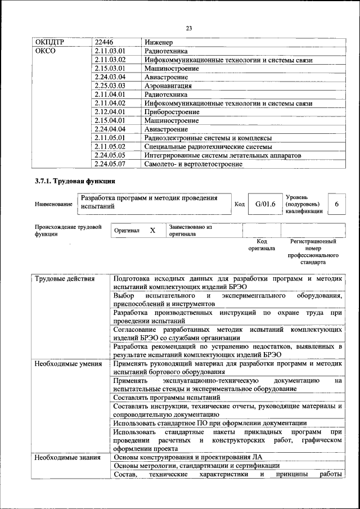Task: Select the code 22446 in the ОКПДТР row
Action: (104, 42)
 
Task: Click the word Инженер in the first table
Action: (159, 42)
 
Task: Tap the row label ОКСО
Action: (46, 51)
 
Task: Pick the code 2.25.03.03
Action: (110, 86)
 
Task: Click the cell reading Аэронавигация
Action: (168, 86)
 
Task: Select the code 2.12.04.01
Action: (110, 112)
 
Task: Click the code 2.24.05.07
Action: (110, 164)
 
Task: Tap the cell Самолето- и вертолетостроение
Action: (193, 164)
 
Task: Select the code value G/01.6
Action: (264, 204)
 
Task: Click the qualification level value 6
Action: (336, 204)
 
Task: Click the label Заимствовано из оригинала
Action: (190, 231)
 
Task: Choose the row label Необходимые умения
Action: (67, 363)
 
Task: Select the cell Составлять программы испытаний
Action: (166, 397)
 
